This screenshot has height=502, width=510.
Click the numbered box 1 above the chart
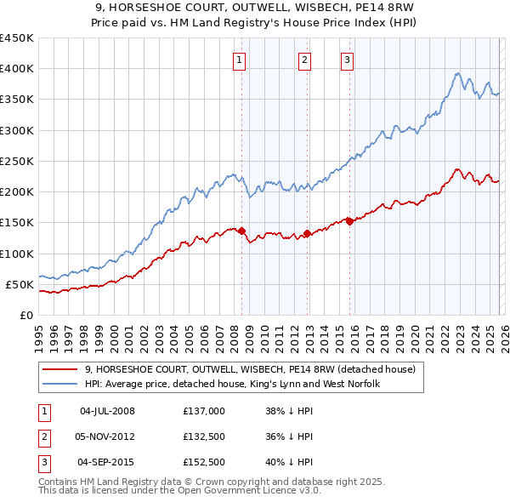(x=241, y=60)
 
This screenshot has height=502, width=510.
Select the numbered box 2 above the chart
(x=304, y=60)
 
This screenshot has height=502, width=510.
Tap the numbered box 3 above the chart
(x=348, y=60)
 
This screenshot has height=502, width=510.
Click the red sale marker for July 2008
(x=241, y=231)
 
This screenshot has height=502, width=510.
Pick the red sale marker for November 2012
(x=307, y=233)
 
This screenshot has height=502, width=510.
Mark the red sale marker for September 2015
(x=349, y=221)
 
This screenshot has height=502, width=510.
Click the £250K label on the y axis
(x=17, y=161)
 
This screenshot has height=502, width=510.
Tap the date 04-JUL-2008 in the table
(x=107, y=411)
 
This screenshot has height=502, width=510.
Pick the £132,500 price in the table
(x=204, y=436)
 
